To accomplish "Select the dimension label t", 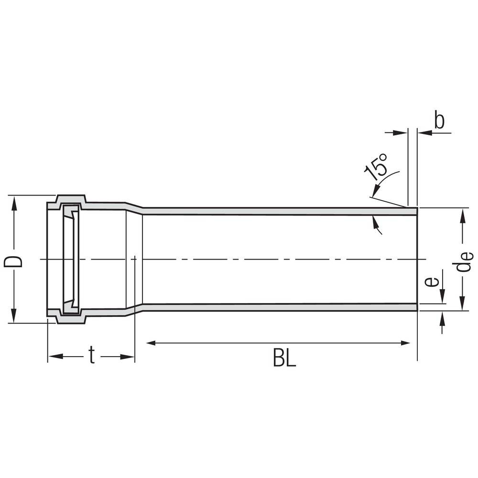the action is point(92,355).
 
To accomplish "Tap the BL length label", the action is point(284,358).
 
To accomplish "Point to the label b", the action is point(439,120).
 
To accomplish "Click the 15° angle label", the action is point(376,167).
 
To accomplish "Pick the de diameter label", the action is point(464,261).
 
